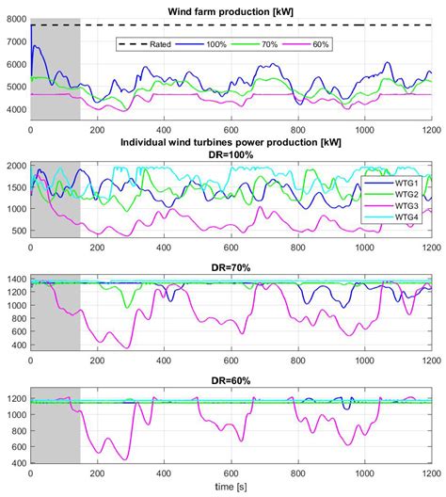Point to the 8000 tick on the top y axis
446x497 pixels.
[x=15, y=19]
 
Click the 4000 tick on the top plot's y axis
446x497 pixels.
[x=15, y=110]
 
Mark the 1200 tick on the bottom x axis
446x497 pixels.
[x=430, y=476]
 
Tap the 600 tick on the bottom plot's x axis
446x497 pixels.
[x=231, y=476]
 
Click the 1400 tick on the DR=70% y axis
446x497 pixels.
[x=15, y=280]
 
